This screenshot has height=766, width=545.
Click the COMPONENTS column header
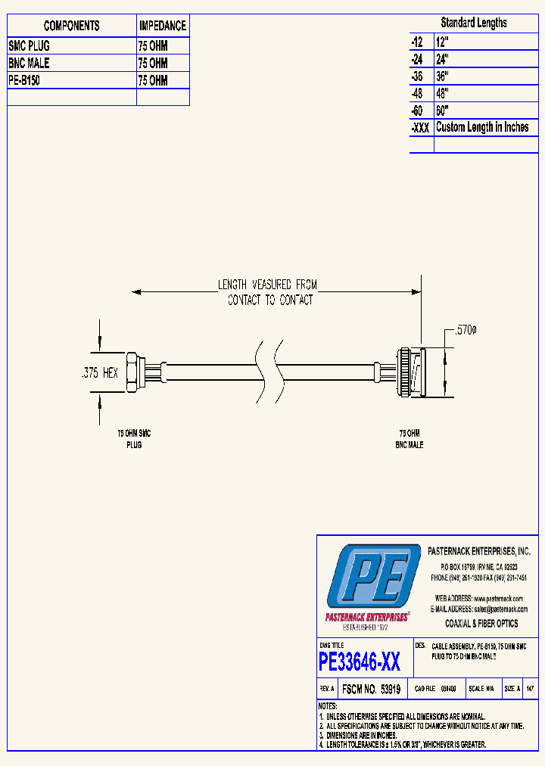[71, 26]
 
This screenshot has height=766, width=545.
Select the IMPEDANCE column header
[162, 26]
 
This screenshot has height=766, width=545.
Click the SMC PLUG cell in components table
[30, 45]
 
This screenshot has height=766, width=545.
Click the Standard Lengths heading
[474, 23]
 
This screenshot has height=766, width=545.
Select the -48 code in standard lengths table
[419, 93]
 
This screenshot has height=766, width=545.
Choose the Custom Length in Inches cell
[482, 127]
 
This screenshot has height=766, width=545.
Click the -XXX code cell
[420, 128]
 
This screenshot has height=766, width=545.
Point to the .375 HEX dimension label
[99, 373]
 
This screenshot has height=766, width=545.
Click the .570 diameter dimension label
[465, 330]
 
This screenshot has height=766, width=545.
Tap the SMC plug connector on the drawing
[136, 372]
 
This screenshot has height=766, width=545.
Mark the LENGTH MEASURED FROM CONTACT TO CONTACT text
[268, 292]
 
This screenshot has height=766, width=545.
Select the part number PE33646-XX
[360, 662]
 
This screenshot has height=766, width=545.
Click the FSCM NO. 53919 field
[371, 690]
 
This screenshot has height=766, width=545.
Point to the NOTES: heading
[328, 705]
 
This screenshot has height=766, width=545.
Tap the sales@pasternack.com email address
[500, 609]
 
